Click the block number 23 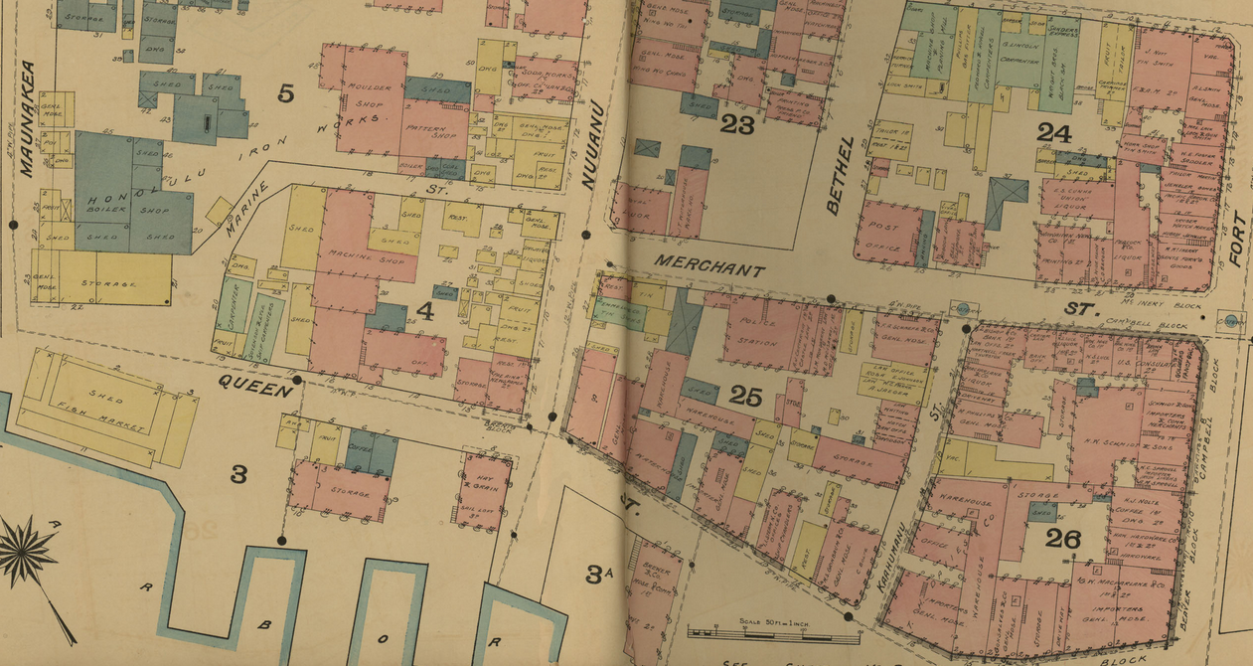737,124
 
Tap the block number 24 1053,131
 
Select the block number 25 745,396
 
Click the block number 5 286,94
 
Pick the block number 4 425,311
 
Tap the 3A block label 597,574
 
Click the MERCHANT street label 708,268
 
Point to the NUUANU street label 593,144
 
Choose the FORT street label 1236,241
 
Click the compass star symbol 27,551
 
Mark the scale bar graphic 761,631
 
